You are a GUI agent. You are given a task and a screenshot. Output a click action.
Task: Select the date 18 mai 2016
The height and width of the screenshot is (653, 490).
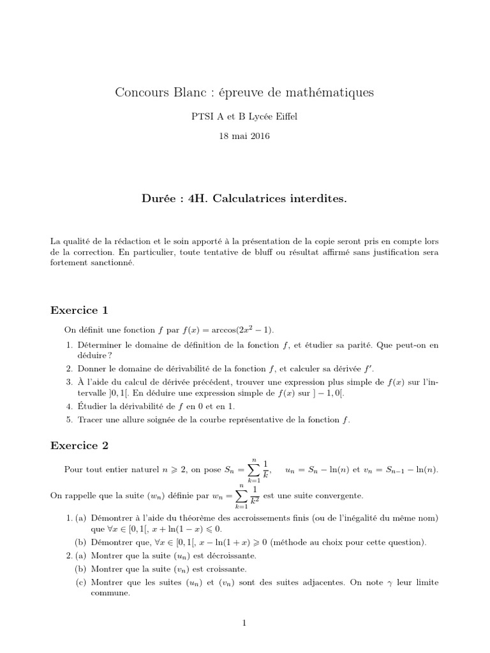[244, 136]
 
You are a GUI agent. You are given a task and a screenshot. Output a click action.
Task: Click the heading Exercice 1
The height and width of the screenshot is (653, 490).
[79, 311]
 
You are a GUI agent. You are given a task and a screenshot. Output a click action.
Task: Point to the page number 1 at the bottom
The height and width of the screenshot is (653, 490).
[244, 624]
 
